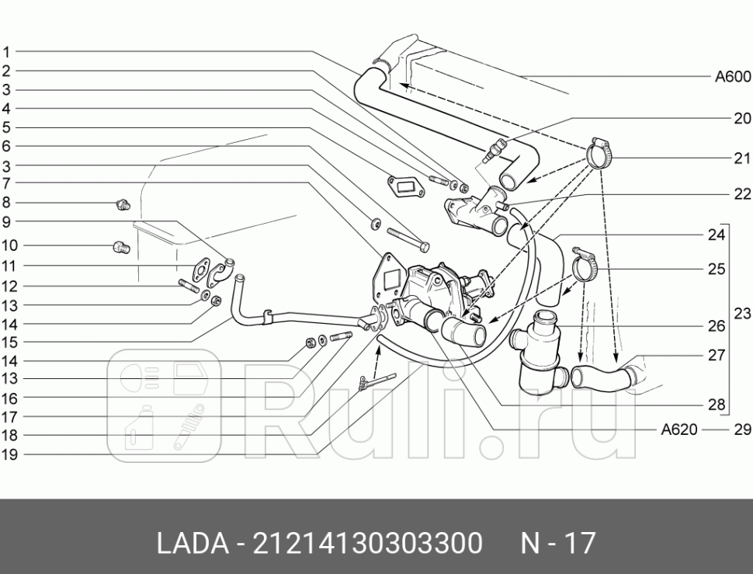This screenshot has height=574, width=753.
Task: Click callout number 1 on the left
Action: [6, 53]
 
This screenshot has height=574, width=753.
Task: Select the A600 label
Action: [732, 76]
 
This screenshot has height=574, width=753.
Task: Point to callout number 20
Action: [742, 119]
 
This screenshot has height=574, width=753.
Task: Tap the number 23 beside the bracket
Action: [742, 314]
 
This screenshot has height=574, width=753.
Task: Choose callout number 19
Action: [9, 455]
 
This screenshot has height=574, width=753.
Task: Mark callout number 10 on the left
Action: [9, 245]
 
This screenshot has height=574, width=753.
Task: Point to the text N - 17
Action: [557, 543]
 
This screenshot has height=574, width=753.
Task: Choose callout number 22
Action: [742, 194]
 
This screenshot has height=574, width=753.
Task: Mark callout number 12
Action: [9, 287]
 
